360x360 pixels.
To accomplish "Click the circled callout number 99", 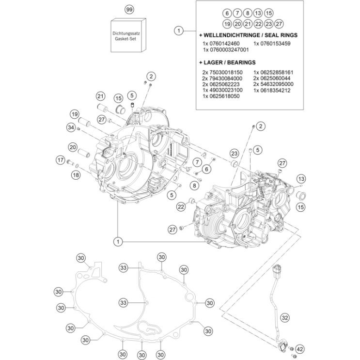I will [128, 10].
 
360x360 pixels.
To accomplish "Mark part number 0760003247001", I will [226, 50].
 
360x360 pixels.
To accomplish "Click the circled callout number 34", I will [71, 128].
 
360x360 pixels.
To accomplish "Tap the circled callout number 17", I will [60, 160].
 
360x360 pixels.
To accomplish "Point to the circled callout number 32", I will [285, 318].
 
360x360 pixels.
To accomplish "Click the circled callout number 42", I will [300, 349].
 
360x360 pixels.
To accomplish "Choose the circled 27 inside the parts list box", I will [278, 24].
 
